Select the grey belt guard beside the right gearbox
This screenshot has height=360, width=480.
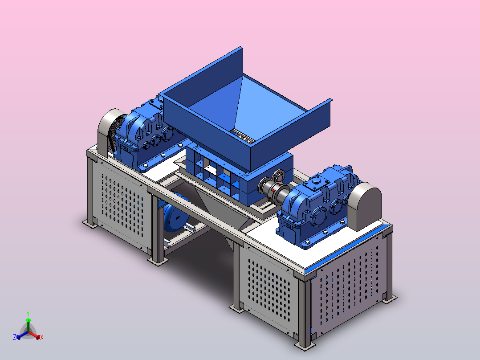(364, 206)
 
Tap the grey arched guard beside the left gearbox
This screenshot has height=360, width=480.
(109, 132)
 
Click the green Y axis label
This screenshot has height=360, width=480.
(28, 314)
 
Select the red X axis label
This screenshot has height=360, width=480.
(42, 337)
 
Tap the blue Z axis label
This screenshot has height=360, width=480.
(15, 337)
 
